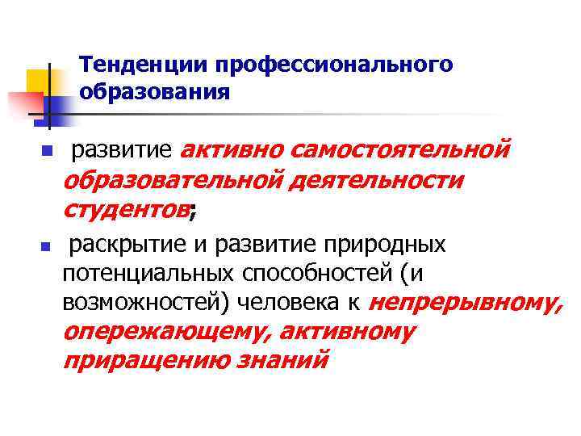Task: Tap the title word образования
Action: tap(155, 92)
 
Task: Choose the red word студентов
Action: tap(125, 210)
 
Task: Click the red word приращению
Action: tap(146, 360)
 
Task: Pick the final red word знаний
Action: tap(282, 360)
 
